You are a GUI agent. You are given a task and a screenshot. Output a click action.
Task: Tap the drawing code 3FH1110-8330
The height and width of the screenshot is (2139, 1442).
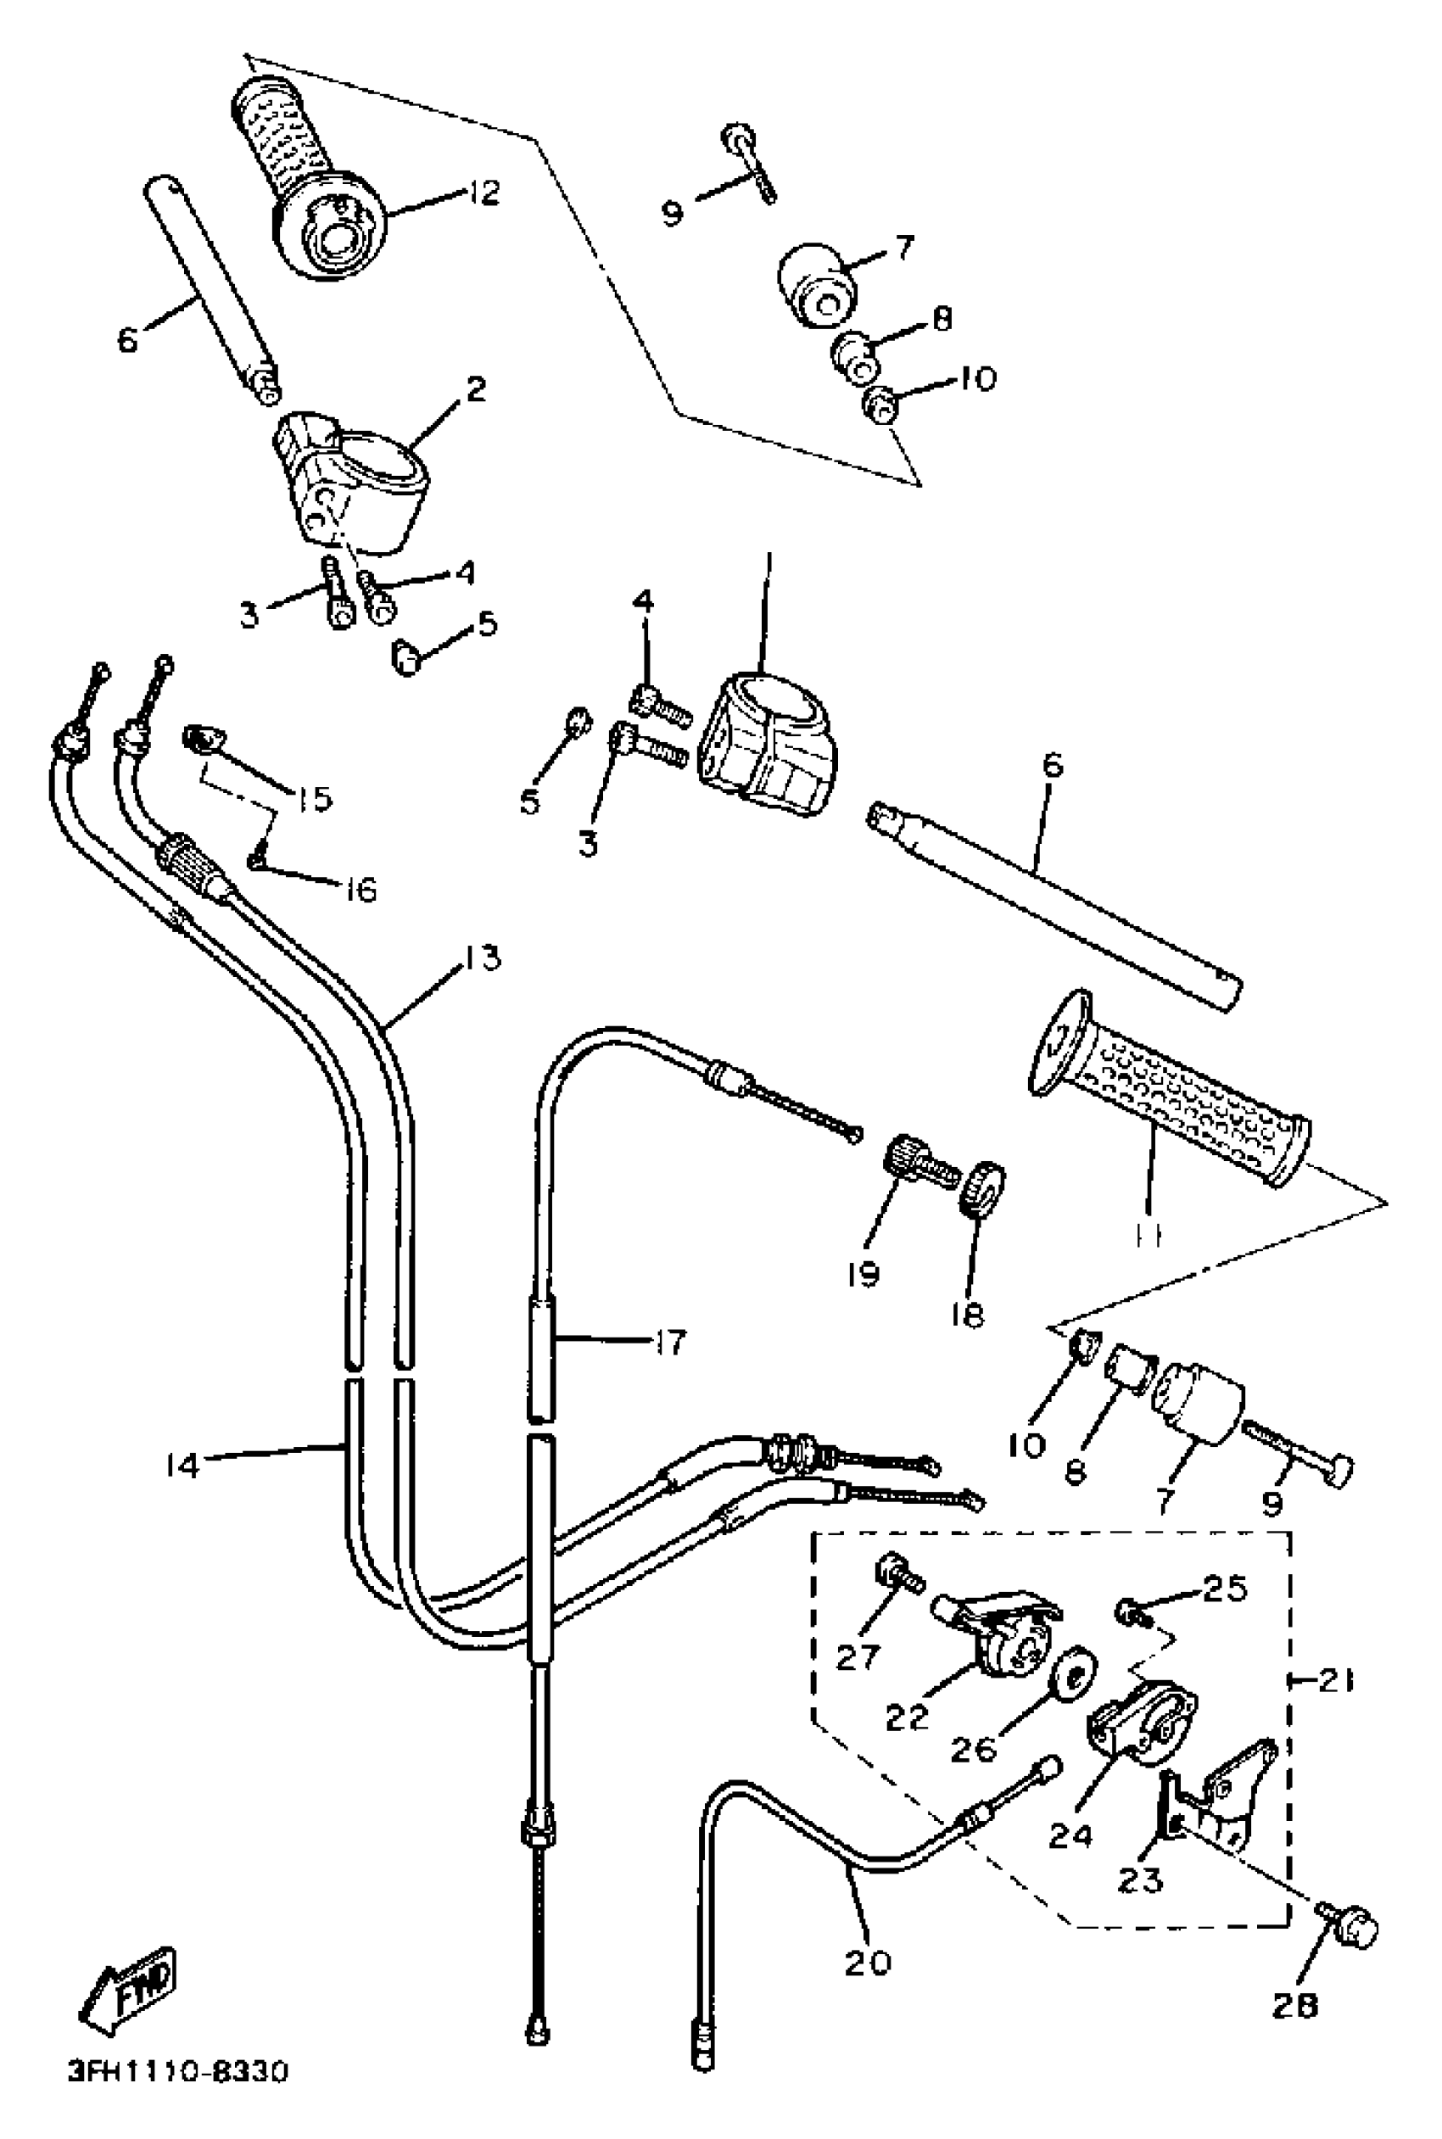(177, 2073)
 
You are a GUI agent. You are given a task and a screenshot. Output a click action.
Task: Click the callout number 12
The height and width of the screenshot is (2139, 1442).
(482, 193)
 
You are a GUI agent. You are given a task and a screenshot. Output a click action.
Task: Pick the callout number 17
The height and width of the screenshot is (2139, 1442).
(670, 1343)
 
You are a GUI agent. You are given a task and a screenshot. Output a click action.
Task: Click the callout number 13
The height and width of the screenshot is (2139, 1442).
(481, 958)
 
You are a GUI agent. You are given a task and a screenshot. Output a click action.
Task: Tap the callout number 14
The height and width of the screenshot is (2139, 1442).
(183, 1465)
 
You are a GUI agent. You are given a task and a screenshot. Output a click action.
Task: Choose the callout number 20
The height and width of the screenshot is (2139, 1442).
(868, 1963)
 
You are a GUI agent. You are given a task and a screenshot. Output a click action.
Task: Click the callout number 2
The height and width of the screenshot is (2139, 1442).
(476, 389)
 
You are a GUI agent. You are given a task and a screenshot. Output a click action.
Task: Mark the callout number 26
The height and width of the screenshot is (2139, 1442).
(974, 1748)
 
